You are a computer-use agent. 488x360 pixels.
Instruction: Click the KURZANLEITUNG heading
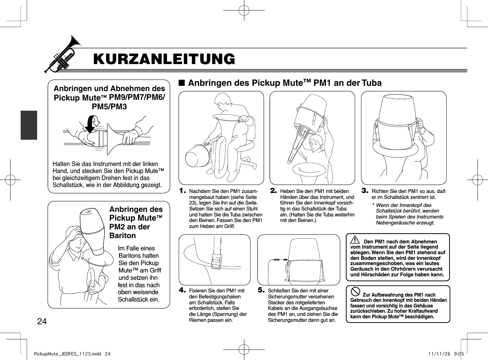point(164,59)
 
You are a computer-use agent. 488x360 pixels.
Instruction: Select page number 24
point(42,321)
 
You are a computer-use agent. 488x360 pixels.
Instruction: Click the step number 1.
point(182,191)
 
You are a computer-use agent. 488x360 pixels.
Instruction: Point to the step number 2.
point(273,191)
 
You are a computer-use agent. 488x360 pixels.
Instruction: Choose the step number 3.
point(365,191)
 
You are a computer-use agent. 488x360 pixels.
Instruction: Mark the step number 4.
point(182,290)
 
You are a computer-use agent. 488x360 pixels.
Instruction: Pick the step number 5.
point(261,290)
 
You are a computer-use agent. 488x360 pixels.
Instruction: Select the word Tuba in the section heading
point(371,83)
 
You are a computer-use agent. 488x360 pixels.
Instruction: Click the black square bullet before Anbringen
point(181,83)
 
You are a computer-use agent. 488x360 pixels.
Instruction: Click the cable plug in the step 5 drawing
point(277,260)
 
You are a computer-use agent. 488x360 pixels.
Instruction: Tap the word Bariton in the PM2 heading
point(123,235)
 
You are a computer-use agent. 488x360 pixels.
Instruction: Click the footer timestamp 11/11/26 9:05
point(446,354)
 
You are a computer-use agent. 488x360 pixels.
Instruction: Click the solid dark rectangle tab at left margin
point(29,125)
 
